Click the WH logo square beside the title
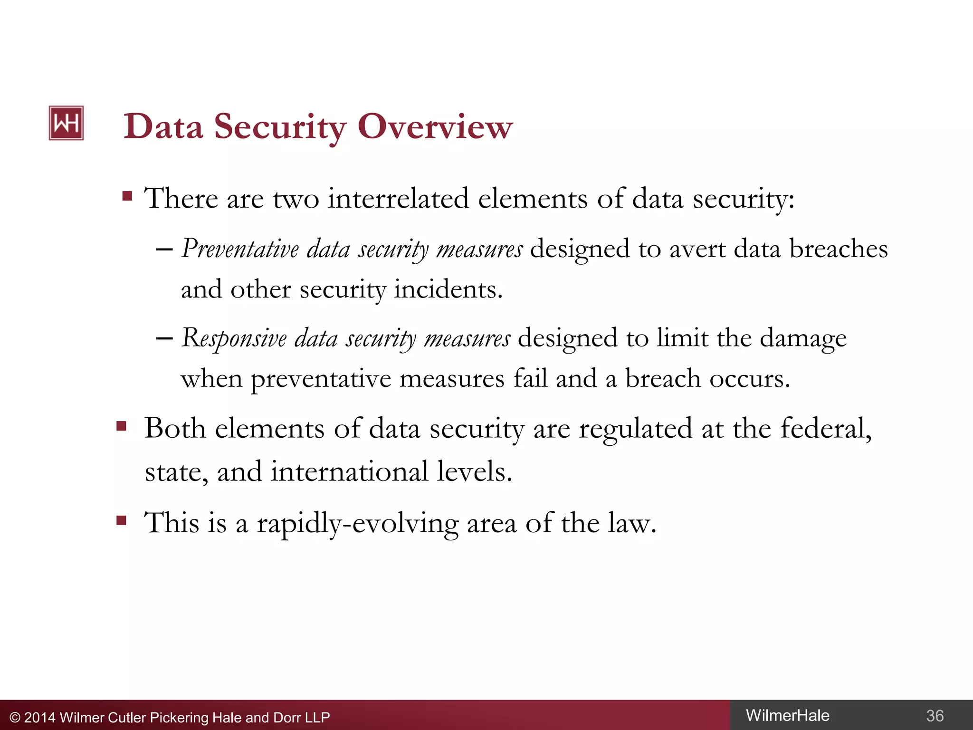click(66, 123)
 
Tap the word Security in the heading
click(280, 127)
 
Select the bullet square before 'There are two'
click(127, 196)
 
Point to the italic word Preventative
click(240, 249)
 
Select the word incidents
click(448, 289)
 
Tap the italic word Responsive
click(234, 338)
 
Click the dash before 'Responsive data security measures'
click(164, 338)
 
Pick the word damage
click(803, 338)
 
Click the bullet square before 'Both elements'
click(122, 426)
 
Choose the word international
click(349, 471)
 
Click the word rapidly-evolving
click(357, 523)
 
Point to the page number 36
click(935, 716)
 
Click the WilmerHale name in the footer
click(787, 715)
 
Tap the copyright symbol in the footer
click(15, 718)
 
